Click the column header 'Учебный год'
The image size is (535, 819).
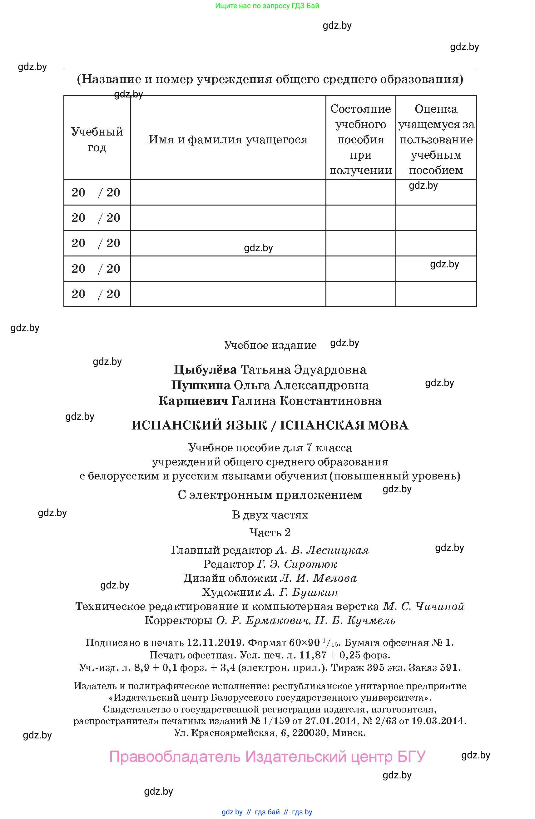pyautogui.click(x=97, y=139)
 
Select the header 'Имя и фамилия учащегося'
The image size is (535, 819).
pyautogui.click(x=228, y=139)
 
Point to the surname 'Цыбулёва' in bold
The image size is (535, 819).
pyautogui.click(x=205, y=370)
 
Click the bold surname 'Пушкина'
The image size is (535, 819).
pyautogui.click(x=201, y=385)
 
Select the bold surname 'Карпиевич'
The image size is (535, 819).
pyautogui.click(x=193, y=401)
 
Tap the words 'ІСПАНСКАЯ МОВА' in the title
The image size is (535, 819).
pyautogui.click(x=344, y=425)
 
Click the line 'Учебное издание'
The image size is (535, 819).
pyautogui.click(x=270, y=345)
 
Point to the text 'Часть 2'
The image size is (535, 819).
pyautogui.click(x=270, y=532)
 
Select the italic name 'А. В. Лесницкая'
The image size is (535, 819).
pyautogui.click(x=322, y=550)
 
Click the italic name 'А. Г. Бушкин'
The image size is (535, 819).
pyautogui.click(x=301, y=592)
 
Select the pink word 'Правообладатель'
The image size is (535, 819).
pyautogui.click(x=175, y=756)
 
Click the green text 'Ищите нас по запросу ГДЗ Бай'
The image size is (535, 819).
pyautogui.click(x=267, y=6)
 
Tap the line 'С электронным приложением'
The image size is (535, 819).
pyautogui.click(x=270, y=495)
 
